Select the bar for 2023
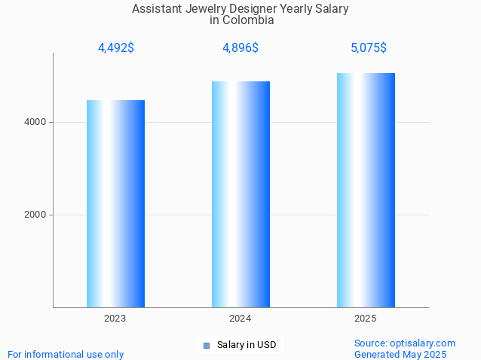point(115,203)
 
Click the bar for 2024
point(240,194)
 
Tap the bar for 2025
point(366,190)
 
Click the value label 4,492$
point(116,48)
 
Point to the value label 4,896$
point(240,48)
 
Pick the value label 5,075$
point(369,48)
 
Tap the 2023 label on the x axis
point(115,319)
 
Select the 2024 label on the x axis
point(240,319)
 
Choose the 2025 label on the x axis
point(366,319)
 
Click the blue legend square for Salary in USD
point(206,346)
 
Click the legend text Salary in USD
point(247,345)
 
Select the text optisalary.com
point(424,343)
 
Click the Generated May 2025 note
point(400,354)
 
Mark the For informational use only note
point(66,354)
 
